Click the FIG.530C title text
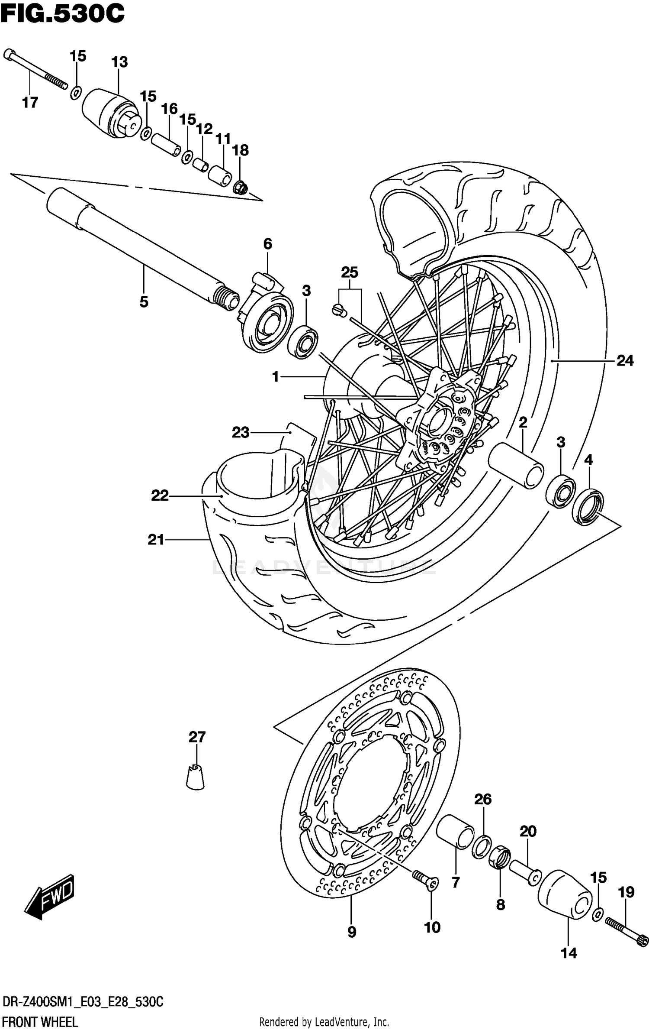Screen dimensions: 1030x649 [63, 14]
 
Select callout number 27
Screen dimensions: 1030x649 [197, 737]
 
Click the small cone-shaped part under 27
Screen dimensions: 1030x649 [196, 777]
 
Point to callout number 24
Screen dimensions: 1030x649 [625, 360]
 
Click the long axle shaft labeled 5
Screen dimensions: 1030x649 [143, 251]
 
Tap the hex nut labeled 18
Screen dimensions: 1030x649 [241, 188]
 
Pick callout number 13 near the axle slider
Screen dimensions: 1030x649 [119, 62]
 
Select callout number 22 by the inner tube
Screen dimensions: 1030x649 [160, 495]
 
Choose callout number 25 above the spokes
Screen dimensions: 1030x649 [350, 272]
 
